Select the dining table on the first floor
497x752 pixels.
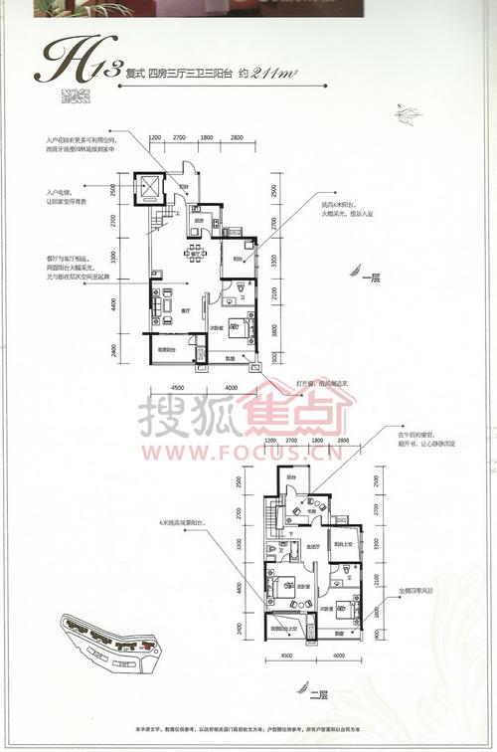[x=196, y=252]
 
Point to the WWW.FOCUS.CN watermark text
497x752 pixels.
[x=248, y=459]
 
